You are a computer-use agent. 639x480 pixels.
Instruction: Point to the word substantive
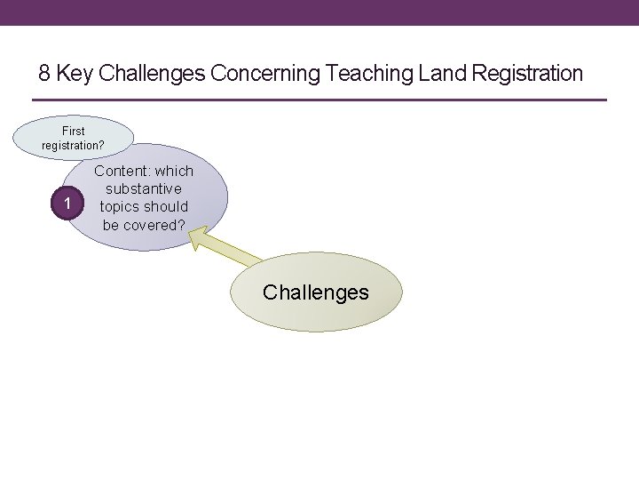144,188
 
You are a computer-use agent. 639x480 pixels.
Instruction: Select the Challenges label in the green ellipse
316,292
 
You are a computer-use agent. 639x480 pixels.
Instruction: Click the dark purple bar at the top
319,12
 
